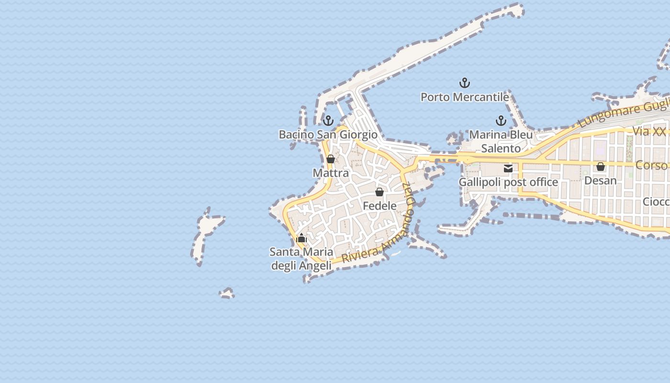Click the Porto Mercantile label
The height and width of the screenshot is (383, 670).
pyautogui.click(x=464, y=97)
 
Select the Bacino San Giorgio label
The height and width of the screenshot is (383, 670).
pyautogui.click(x=328, y=135)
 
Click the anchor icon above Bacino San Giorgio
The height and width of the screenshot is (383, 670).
pyautogui.click(x=328, y=120)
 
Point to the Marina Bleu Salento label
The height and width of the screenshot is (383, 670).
pyautogui.click(x=501, y=141)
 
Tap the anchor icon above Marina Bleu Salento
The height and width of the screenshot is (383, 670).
pyautogui.click(x=501, y=120)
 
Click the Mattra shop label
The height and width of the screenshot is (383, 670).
pyautogui.click(x=331, y=172)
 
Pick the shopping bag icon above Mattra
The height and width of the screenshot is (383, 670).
pyautogui.click(x=330, y=159)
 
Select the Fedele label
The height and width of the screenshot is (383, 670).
pyautogui.click(x=380, y=206)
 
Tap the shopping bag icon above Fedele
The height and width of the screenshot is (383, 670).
pyautogui.click(x=380, y=192)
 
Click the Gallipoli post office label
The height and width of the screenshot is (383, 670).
pyautogui.click(x=508, y=182)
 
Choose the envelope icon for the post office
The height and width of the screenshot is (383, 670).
pyautogui.click(x=508, y=168)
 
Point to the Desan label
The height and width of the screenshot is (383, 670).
pyautogui.click(x=600, y=180)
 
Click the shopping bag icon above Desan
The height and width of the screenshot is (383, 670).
pyautogui.click(x=600, y=167)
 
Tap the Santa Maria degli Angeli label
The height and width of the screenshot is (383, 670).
pyautogui.click(x=301, y=259)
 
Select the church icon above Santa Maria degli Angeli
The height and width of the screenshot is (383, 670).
pyautogui.click(x=301, y=238)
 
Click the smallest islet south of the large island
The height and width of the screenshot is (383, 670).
pyautogui.click(x=227, y=293)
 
